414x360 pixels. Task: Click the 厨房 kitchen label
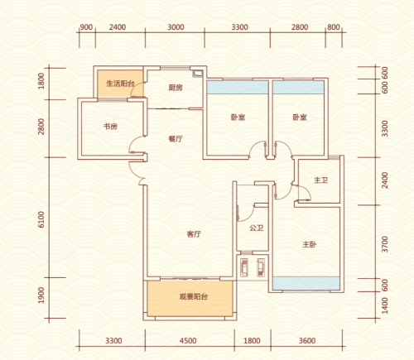176,88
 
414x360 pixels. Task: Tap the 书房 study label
110,127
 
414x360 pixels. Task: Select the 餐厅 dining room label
176,139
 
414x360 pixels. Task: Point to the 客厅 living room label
194,234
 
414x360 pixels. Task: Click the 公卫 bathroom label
257,228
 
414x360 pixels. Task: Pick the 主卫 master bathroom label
320,180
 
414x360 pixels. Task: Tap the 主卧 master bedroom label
310,244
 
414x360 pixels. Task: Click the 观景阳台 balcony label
193,296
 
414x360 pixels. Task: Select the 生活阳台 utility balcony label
120,84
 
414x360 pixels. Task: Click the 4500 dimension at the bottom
188,341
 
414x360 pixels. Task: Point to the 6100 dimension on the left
41,219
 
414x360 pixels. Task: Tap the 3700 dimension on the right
384,244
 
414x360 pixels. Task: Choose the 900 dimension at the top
86,27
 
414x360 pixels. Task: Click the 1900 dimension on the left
41,295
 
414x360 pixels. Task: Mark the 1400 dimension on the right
384,305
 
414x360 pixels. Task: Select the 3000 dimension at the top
176,27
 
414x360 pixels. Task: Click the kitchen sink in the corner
198,74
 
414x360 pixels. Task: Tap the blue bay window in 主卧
306,284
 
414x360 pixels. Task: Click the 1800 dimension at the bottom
252,341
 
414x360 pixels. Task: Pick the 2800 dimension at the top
300,27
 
